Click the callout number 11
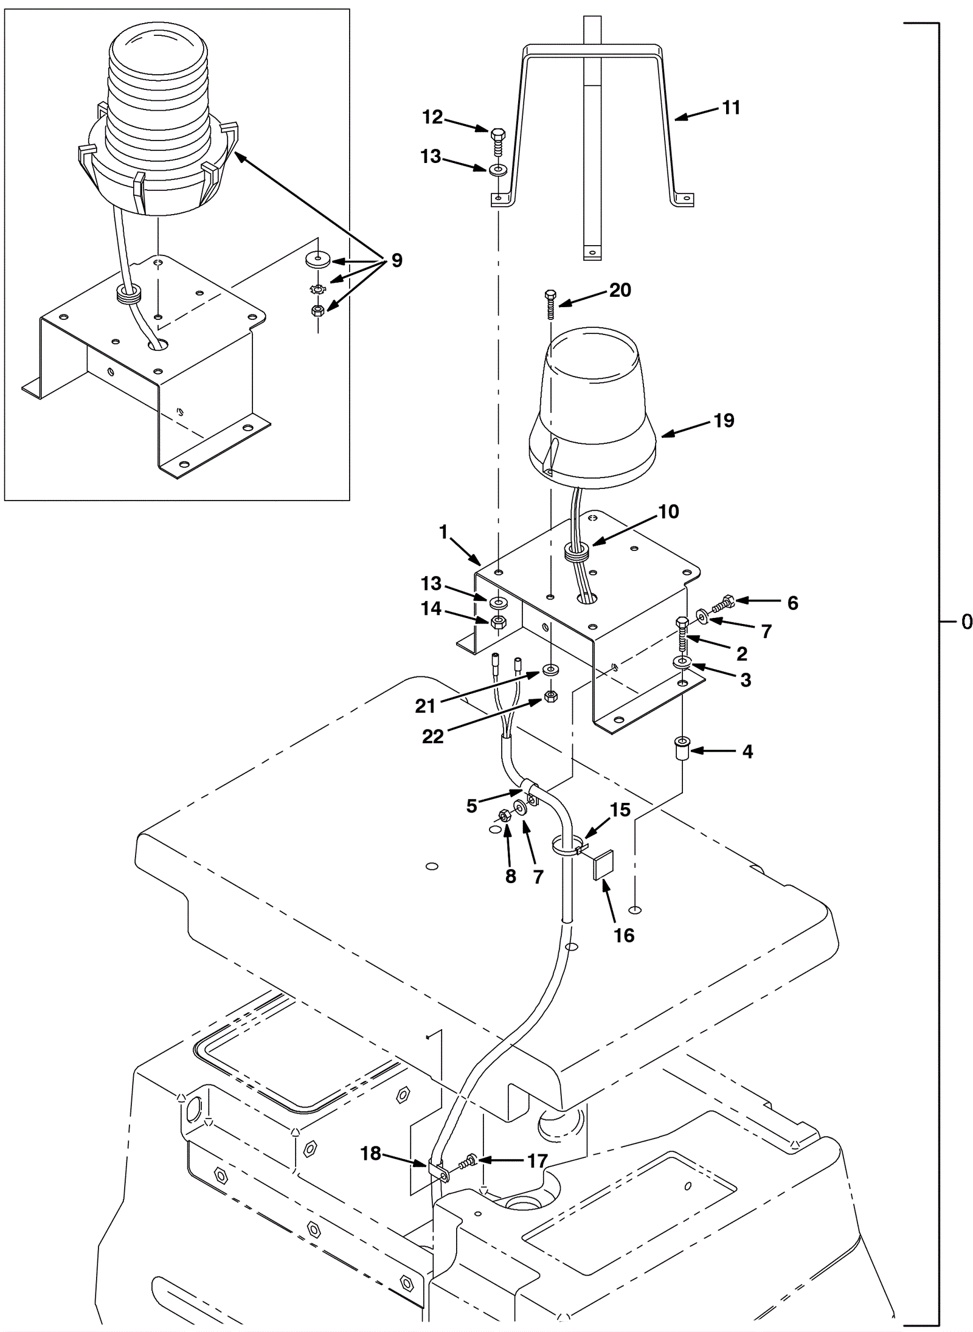click(x=731, y=108)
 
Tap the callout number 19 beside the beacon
click(x=724, y=420)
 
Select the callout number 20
click(x=620, y=290)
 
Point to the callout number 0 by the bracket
click(x=966, y=622)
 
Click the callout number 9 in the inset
click(x=396, y=261)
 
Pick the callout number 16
click(x=624, y=935)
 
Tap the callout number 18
click(x=370, y=1153)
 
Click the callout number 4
click(x=747, y=752)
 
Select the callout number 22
click(x=432, y=737)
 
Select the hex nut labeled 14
click(x=499, y=622)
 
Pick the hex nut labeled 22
click(x=551, y=696)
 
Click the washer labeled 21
click(x=550, y=671)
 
